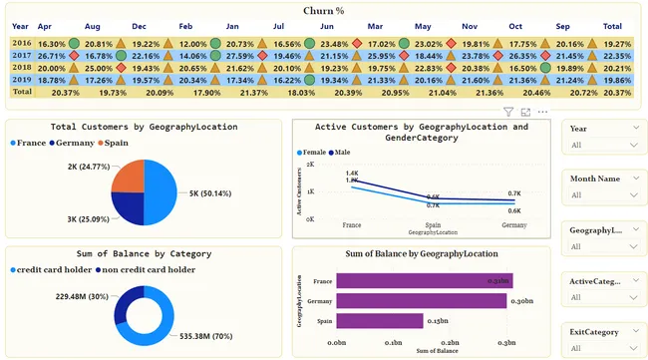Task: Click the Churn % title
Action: (x=324, y=10)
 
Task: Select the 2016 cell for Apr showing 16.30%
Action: (x=52, y=44)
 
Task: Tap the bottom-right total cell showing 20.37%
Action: (x=617, y=92)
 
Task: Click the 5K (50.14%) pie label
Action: (x=213, y=192)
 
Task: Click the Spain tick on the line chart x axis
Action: (x=433, y=225)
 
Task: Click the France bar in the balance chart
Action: (x=424, y=281)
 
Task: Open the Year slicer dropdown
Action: (x=635, y=145)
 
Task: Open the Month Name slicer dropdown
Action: (x=635, y=194)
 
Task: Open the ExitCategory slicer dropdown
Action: (x=635, y=348)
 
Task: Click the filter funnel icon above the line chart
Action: (x=508, y=113)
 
